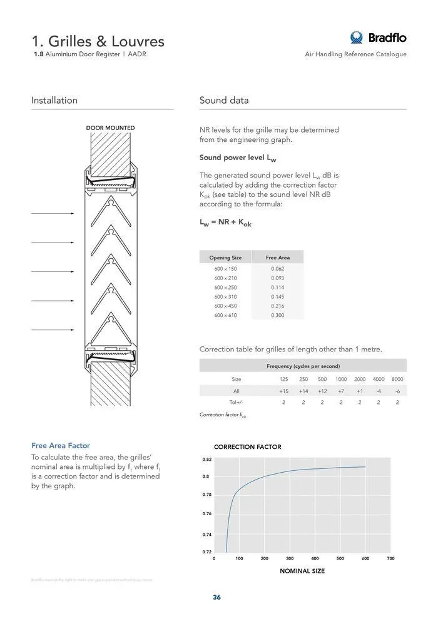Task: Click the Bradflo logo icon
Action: coord(357,38)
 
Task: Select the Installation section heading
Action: coord(54,100)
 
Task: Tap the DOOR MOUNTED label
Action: coord(110,128)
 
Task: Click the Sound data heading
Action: coord(224,100)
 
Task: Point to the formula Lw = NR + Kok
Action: coord(225,223)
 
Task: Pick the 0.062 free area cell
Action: coord(277,269)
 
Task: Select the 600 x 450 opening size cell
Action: coord(225,306)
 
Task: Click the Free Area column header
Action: coord(277,258)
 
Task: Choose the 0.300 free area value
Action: coord(277,316)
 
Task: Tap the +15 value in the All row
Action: coord(283,391)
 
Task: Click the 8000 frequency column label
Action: coord(397,380)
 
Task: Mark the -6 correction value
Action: coord(397,391)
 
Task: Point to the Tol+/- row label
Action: coord(236,402)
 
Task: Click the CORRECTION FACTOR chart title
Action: coord(248,447)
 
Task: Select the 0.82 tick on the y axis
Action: coord(206,459)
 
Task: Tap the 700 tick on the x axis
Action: coord(391,558)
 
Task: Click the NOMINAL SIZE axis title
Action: coord(302,571)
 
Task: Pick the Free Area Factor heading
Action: coord(61,446)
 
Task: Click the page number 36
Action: coord(216,597)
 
